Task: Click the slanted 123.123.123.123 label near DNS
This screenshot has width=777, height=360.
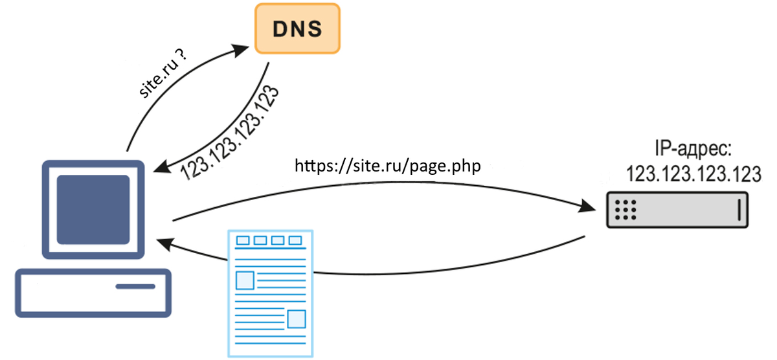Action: [231, 131]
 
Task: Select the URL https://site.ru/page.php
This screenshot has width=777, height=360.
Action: [388, 166]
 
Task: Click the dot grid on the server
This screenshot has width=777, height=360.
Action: [626, 210]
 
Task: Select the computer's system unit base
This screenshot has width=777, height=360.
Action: [93, 293]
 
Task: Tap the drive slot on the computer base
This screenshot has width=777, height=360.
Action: [135, 286]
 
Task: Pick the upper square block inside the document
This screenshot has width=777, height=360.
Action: [245, 280]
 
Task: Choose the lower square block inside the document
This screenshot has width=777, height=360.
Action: [296, 319]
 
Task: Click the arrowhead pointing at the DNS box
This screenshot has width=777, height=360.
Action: [245, 47]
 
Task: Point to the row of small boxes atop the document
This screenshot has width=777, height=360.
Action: [269, 241]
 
